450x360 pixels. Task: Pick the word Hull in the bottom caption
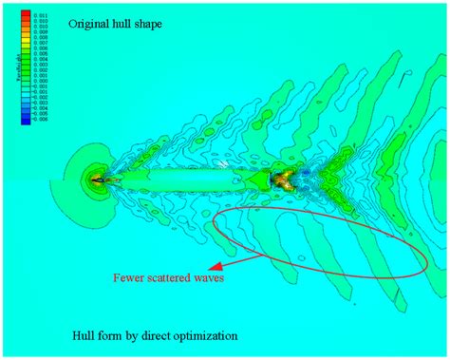tap(84, 335)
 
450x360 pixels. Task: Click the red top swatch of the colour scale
tap(27, 16)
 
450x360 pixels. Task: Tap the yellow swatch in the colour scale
tap(27, 37)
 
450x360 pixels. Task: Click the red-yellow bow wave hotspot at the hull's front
tap(98, 178)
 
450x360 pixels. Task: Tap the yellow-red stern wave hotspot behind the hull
tap(282, 177)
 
